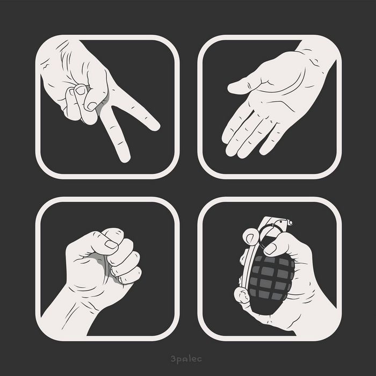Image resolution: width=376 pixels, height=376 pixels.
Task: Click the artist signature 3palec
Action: [186, 359]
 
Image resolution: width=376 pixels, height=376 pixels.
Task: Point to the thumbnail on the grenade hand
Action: [270, 249]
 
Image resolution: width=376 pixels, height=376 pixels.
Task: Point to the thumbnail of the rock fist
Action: [111, 244]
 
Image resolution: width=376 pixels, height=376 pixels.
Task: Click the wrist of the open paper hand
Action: [316, 53]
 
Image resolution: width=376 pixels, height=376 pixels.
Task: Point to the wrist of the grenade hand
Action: [319, 319]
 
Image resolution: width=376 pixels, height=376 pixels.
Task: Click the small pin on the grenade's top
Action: [291, 223]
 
